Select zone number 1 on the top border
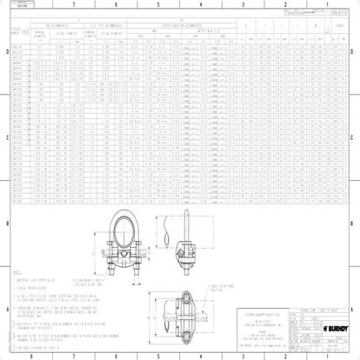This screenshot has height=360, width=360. pyautogui.click(x=329, y=4)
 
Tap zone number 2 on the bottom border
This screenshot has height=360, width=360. pyautogui.click(x=285, y=355)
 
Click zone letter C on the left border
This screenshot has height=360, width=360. pyautogui.click(x=4, y=137)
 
